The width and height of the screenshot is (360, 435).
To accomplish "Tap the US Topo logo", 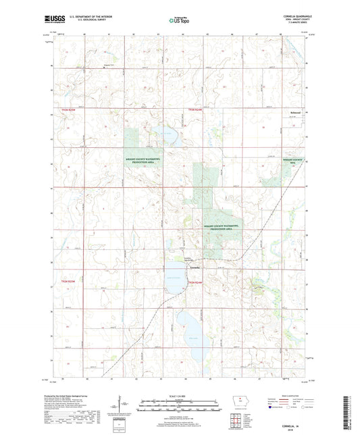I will coord(178,20).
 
